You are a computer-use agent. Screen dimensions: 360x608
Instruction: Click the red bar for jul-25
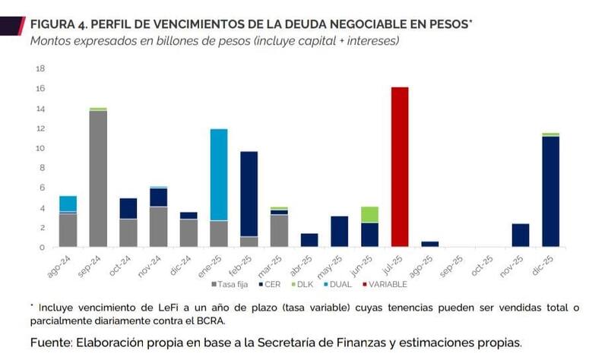click(x=400, y=167)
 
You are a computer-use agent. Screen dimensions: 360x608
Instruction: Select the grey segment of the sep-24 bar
click(x=98, y=178)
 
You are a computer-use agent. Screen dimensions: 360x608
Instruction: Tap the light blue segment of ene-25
click(x=219, y=175)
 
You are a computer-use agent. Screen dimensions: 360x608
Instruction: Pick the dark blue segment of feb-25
click(x=249, y=194)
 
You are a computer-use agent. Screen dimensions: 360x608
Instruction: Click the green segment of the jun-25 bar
click(x=369, y=214)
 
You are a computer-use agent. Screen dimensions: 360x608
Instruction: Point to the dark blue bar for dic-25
click(x=550, y=191)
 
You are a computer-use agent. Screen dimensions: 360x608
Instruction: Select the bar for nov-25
click(x=521, y=235)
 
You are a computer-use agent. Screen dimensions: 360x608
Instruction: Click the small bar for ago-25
click(x=429, y=244)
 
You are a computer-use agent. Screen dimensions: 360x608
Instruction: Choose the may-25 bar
click(x=340, y=231)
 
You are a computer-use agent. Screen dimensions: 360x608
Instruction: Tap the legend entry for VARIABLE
click(x=385, y=284)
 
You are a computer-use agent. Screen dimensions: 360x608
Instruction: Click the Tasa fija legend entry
click(x=229, y=284)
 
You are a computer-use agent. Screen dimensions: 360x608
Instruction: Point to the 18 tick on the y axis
click(x=41, y=68)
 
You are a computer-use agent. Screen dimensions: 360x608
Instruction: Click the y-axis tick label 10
click(x=41, y=148)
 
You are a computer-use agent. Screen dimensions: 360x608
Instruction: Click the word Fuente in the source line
click(x=50, y=343)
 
